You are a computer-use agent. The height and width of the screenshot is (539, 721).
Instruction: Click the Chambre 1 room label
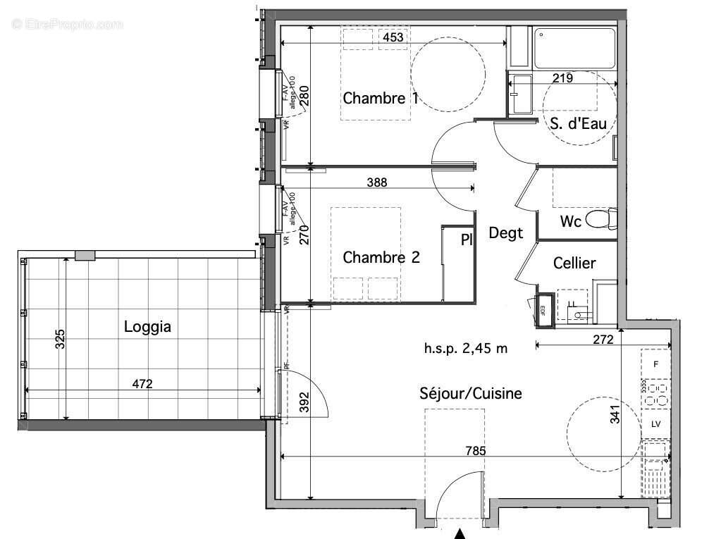(x=381, y=98)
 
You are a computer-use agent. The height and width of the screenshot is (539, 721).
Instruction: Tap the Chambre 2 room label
(x=381, y=258)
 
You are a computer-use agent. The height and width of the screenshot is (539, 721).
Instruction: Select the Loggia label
(x=147, y=327)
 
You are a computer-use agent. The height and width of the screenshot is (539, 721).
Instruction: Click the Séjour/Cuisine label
(x=471, y=393)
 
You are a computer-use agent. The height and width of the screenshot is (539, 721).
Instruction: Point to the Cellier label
(x=574, y=264)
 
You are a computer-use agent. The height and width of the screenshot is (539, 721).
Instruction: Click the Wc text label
(x=570, y=221)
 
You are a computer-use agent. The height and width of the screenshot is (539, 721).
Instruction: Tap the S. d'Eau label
(x=578, y=124)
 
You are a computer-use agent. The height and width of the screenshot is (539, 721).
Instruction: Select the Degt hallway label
(x=506, y=233)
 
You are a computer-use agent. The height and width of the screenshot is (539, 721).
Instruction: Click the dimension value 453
(x=393, y=37)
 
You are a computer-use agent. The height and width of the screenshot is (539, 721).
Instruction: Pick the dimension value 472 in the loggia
(x=142, y=384)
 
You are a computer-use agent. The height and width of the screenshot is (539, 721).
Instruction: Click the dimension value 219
(x=562, y=78)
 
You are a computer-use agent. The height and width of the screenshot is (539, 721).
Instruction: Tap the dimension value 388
(x=377, y=182)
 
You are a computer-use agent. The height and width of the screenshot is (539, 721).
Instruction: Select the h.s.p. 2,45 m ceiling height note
(x=466, y=347)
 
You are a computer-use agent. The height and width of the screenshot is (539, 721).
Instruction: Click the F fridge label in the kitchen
(x=655, y=364)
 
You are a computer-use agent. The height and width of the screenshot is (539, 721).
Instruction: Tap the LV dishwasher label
(x=655, y=424)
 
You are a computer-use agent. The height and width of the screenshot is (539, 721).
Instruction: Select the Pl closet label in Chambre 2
(x=466, y=240)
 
